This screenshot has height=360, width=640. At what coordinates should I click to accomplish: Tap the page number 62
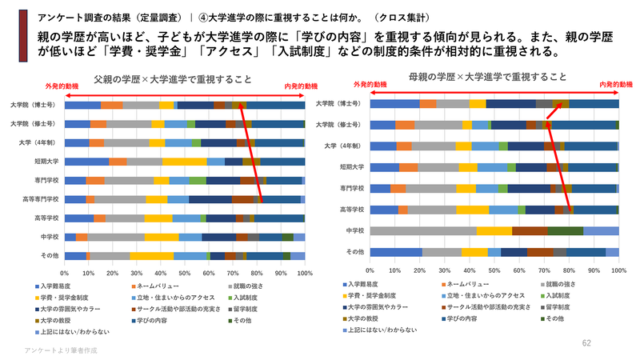[x=586, y=342]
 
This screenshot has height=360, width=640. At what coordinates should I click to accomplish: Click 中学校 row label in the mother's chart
[x=354, y=230]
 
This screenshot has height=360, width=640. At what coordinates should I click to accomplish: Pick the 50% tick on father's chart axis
[x=185, y=274]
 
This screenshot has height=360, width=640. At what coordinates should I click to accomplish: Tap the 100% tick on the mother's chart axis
[x=618, y=270]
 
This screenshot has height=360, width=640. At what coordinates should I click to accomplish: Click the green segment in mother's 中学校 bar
[x=565, y=230]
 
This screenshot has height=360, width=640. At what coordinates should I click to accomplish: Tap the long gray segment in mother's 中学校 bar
[x=423, y=230]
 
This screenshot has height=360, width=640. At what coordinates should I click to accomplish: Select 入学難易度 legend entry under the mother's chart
[x=369, y=284]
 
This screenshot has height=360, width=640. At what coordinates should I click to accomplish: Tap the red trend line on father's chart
[x=253, y=152]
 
